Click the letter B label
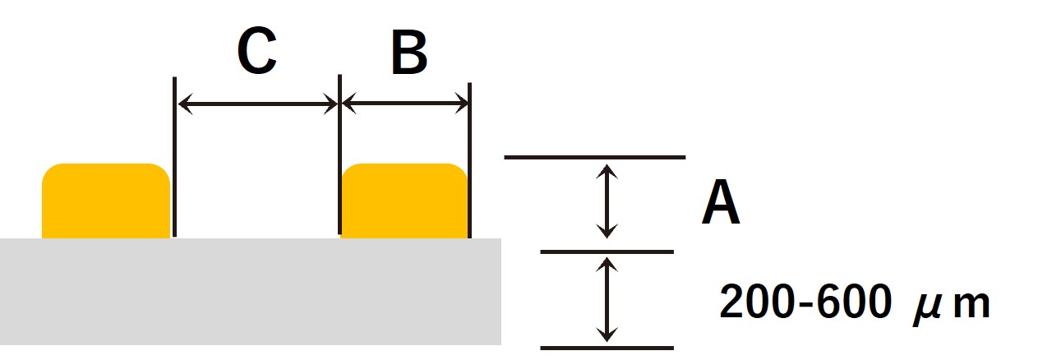[x=408, y=53]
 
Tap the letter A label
[x=721, y=202]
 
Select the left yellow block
[x=106, y=201]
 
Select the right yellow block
[x=404, y=201]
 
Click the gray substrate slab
[x=250, y=292]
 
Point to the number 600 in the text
[x=853, y=301]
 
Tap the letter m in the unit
[x=971, y=305]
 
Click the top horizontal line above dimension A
[x=595, y=158]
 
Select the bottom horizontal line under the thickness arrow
[x=607, y=348]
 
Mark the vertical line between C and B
[x=339, y=155]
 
